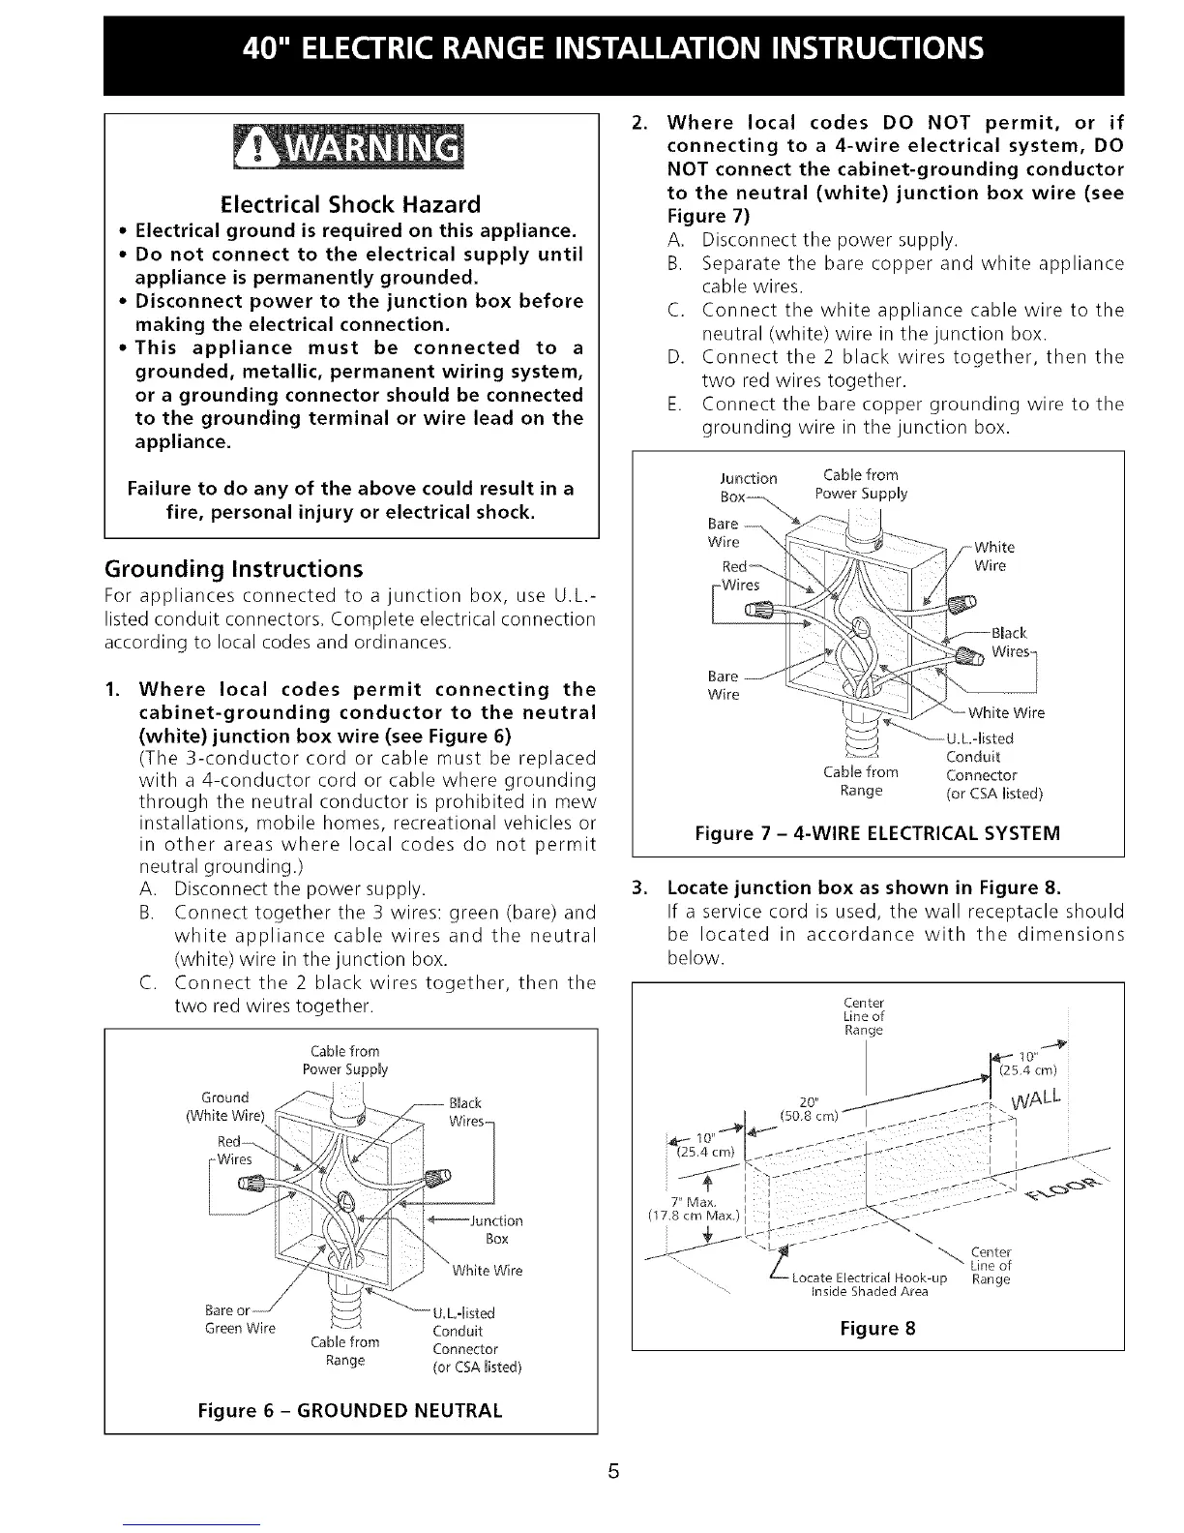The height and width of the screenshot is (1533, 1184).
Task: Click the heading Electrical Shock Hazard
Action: (350, 205)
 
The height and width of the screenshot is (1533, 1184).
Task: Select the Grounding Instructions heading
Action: (233, 568)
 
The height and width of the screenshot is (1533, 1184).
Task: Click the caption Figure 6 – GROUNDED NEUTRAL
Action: (350, 1410)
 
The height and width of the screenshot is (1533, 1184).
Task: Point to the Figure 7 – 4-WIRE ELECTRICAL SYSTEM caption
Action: (877, 833)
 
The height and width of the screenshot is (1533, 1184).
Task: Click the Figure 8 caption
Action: (877, 1329)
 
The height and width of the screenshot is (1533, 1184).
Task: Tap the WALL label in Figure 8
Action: (1035, 1104)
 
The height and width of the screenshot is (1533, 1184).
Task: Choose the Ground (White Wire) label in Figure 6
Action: (224, 1105)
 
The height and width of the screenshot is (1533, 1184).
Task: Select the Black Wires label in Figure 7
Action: (1010, 642)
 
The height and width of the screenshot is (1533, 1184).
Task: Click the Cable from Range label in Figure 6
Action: (345, 1351)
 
